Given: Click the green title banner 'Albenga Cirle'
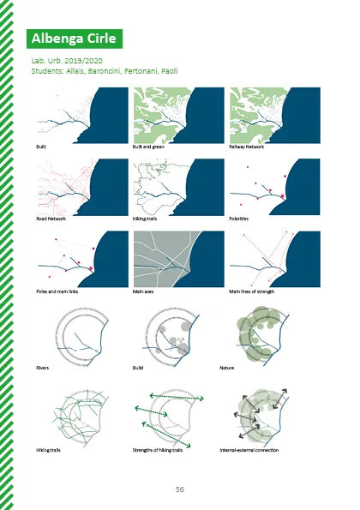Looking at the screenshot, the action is [x=75, y=39].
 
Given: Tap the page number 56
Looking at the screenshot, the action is [x=179, y=489].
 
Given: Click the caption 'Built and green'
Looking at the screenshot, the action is [x=148, y=147].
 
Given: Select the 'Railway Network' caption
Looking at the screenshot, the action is [x=247, y=147].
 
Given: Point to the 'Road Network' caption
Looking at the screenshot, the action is [x=51, y=219].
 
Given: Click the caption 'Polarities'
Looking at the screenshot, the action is [x=238, y=219].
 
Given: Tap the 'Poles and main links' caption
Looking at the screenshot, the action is [x=57, y=291].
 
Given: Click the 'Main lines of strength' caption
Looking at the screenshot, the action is [x=252, y=291].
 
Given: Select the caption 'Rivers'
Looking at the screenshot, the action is [x=43, y=368].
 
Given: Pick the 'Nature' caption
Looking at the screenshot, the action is [x=226, y=368].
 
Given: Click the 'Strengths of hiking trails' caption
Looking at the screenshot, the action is [x=158, y=450].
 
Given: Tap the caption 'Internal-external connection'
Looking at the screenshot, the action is [x=249, y=450].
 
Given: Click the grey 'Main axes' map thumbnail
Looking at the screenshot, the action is [x=179, y=259].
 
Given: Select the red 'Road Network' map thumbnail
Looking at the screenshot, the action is [x=82, y=187].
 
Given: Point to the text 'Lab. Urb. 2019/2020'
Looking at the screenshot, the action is [x=67, y=61].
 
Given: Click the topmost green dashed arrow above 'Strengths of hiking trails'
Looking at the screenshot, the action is [x=177, y=397].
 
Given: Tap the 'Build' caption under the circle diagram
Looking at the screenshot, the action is [x=138, y=368].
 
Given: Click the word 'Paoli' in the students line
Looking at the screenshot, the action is [x=170, y=71].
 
